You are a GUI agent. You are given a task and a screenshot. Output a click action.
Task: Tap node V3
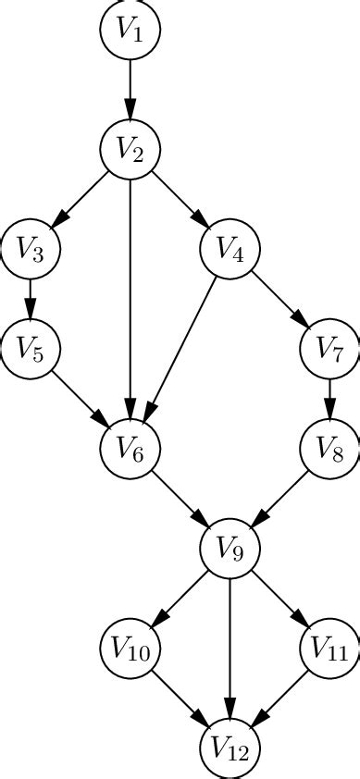tap(30, 249)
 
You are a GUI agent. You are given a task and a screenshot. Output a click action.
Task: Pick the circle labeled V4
tap(230, 249)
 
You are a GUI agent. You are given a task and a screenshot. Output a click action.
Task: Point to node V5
tap(30, 349)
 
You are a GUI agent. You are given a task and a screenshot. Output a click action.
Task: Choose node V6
tap(130, 449)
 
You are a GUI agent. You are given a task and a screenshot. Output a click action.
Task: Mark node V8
tap(329, 449)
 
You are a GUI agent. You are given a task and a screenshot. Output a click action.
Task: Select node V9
tap(230, 549)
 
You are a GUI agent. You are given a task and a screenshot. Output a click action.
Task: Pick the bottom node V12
tap(230, 748)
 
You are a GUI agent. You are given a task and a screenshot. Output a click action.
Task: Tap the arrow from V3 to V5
tap(30, 299)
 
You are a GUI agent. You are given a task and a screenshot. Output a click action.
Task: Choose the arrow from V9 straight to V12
tap(230, 648)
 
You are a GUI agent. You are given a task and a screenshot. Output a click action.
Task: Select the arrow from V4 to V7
tap(279, 299)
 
